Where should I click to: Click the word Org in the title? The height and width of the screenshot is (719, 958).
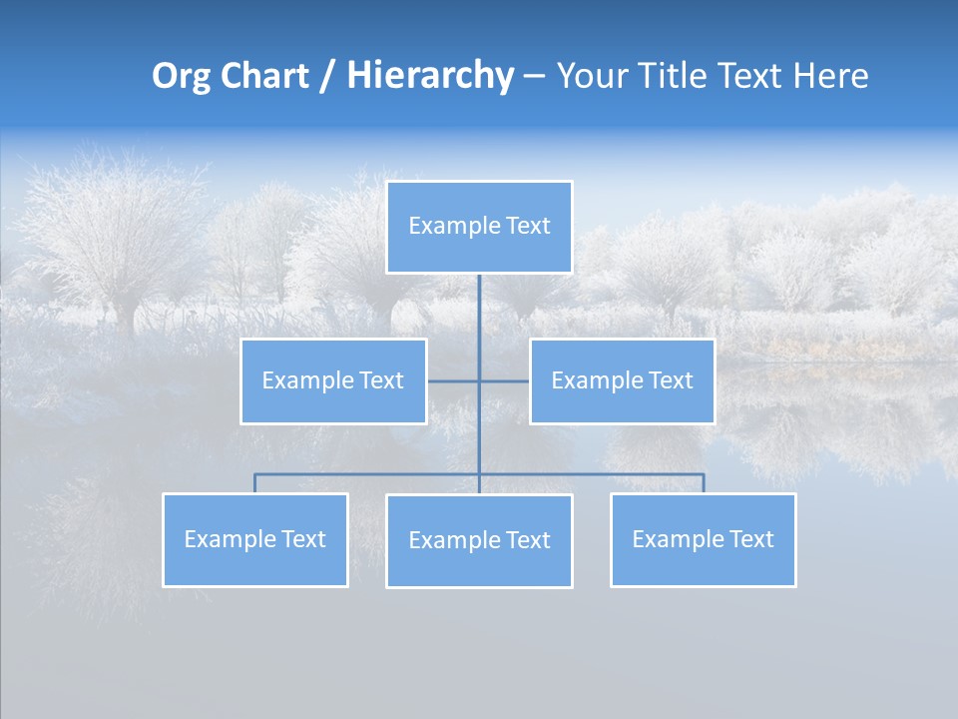tap(181, 76)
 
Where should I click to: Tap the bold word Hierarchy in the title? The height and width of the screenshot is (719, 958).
tap(430, 76)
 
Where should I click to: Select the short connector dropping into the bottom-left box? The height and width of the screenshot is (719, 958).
tap(255, 483)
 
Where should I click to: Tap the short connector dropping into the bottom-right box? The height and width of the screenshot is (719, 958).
tap(704, 483)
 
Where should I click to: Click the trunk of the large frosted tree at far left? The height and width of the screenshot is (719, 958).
tap(124, 315)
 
